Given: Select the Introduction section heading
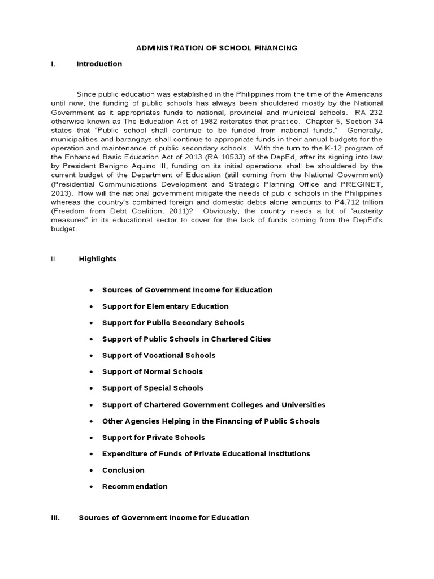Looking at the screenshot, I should point(99,64).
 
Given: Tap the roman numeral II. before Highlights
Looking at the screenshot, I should point(54,259).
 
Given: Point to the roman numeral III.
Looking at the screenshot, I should point(55,517).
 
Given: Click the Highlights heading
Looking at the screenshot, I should point(98,259).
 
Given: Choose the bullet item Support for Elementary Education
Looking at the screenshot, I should point(165,306).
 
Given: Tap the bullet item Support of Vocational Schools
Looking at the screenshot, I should point(158,355).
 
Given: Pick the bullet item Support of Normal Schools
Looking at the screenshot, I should point(152,371).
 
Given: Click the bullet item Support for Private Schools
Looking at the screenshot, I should point(153,437).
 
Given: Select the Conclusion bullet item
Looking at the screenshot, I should point(123,470).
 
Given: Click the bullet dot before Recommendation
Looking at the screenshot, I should point(91,487).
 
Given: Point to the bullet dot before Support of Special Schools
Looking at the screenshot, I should point(91,388).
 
